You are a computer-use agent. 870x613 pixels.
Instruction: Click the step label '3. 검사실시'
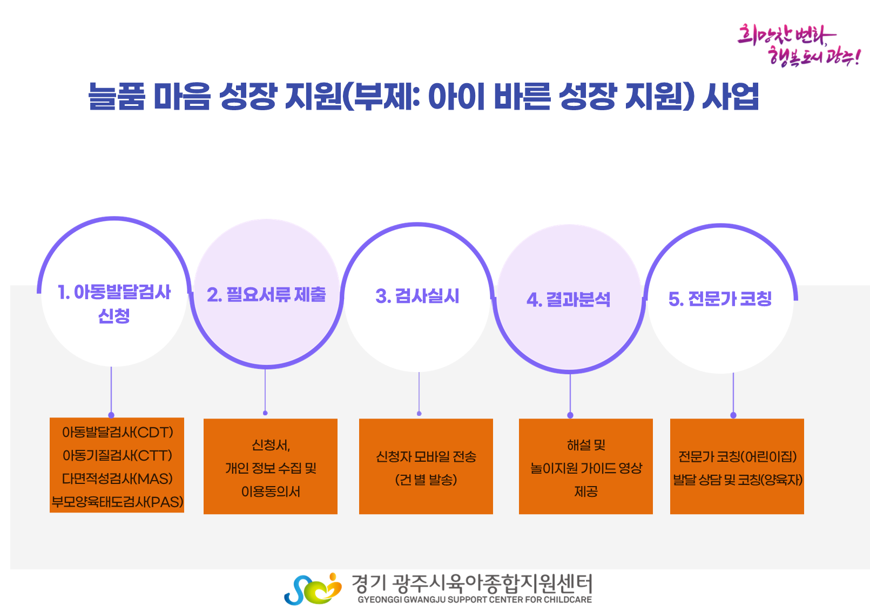point(417,296)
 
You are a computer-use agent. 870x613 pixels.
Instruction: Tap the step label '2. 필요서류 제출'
point(266,294)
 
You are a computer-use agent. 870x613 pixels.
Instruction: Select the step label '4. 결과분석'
point(568,299)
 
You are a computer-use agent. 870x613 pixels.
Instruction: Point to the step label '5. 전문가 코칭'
point(720,299)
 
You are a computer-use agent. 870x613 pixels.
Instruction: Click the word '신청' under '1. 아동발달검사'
point(114,316)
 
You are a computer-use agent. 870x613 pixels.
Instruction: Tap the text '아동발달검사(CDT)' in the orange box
point(117,432)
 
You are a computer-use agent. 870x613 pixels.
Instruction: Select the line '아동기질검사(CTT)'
point(117,455)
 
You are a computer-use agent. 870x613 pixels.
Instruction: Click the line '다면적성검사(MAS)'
point(117,479)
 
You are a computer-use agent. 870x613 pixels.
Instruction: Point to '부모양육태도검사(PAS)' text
point(117,502)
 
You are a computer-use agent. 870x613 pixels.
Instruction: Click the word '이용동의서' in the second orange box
point(271,491)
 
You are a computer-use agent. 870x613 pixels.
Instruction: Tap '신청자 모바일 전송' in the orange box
point(426,457)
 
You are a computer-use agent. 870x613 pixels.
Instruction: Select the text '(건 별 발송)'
point(426,480)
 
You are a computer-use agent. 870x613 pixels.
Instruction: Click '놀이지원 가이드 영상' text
point(586,468)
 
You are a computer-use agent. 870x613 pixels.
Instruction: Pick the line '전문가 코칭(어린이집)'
point(737,457)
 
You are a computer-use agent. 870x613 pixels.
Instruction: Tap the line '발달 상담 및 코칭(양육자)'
point(737,480)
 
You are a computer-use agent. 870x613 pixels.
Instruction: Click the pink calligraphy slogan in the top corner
point(798,44)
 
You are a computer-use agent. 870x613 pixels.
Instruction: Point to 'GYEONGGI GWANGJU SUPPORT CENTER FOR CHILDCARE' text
point(474,599)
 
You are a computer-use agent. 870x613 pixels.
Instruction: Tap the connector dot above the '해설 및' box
point(570,415)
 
